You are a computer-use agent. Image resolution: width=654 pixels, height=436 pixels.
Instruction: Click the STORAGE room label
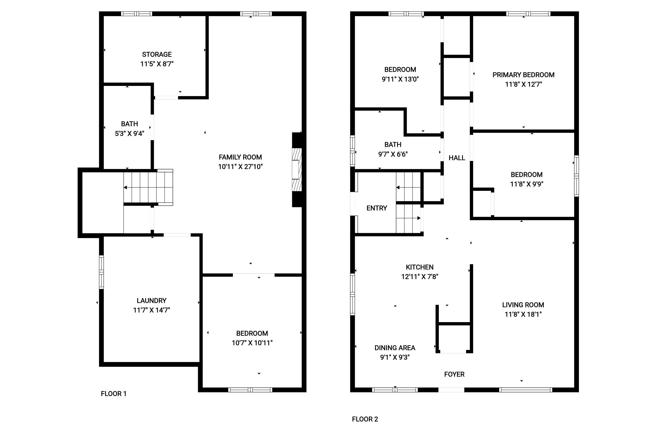click(x=157, y=54)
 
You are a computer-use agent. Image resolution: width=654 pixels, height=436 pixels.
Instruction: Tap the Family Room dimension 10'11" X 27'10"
click(x=240, y=167)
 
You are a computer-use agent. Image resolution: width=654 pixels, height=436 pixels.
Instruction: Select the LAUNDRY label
click(x=151, y=301)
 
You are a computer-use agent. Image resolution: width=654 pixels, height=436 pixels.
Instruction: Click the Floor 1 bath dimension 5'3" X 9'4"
click(x=130, y=133)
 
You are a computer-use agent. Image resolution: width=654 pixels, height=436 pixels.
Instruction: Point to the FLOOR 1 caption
click(x=113, y=394)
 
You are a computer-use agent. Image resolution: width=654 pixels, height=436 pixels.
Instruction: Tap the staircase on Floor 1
click(x=148, y=187)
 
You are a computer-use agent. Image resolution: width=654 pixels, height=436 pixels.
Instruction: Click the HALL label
click(x=457, y=158)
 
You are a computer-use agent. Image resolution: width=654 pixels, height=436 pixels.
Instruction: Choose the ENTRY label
click(x=377, y=208)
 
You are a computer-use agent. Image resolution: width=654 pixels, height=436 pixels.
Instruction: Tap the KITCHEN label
click(x=420, y=267)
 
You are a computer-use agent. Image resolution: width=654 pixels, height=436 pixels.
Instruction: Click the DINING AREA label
click(x=395, y=348)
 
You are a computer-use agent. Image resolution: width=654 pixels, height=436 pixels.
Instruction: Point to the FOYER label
click(x=454, y=375)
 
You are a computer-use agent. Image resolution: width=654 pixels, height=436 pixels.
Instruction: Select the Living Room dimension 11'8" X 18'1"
click(x=523, y=314)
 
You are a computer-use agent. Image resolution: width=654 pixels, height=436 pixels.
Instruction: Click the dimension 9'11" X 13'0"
click(x=400, y=79)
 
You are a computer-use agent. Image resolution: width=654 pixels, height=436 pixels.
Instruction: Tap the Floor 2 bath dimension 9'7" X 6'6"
click(x=393, y=154)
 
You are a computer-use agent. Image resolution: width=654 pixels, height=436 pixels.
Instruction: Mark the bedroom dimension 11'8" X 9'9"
click(x=527, y=184)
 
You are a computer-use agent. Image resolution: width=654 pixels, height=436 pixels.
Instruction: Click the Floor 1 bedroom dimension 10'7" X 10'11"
click(x=252, y=343)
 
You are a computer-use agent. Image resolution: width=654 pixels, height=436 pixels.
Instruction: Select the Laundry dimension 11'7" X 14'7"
click(x=151, y=310)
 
